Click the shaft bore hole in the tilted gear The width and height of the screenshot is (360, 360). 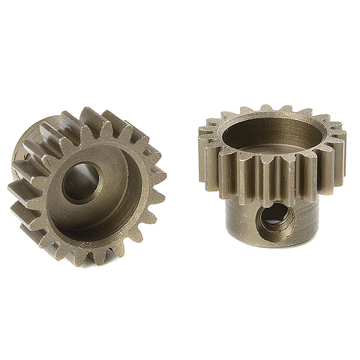coord(80,182)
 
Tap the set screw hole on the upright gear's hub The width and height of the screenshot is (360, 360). coord(275,220)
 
